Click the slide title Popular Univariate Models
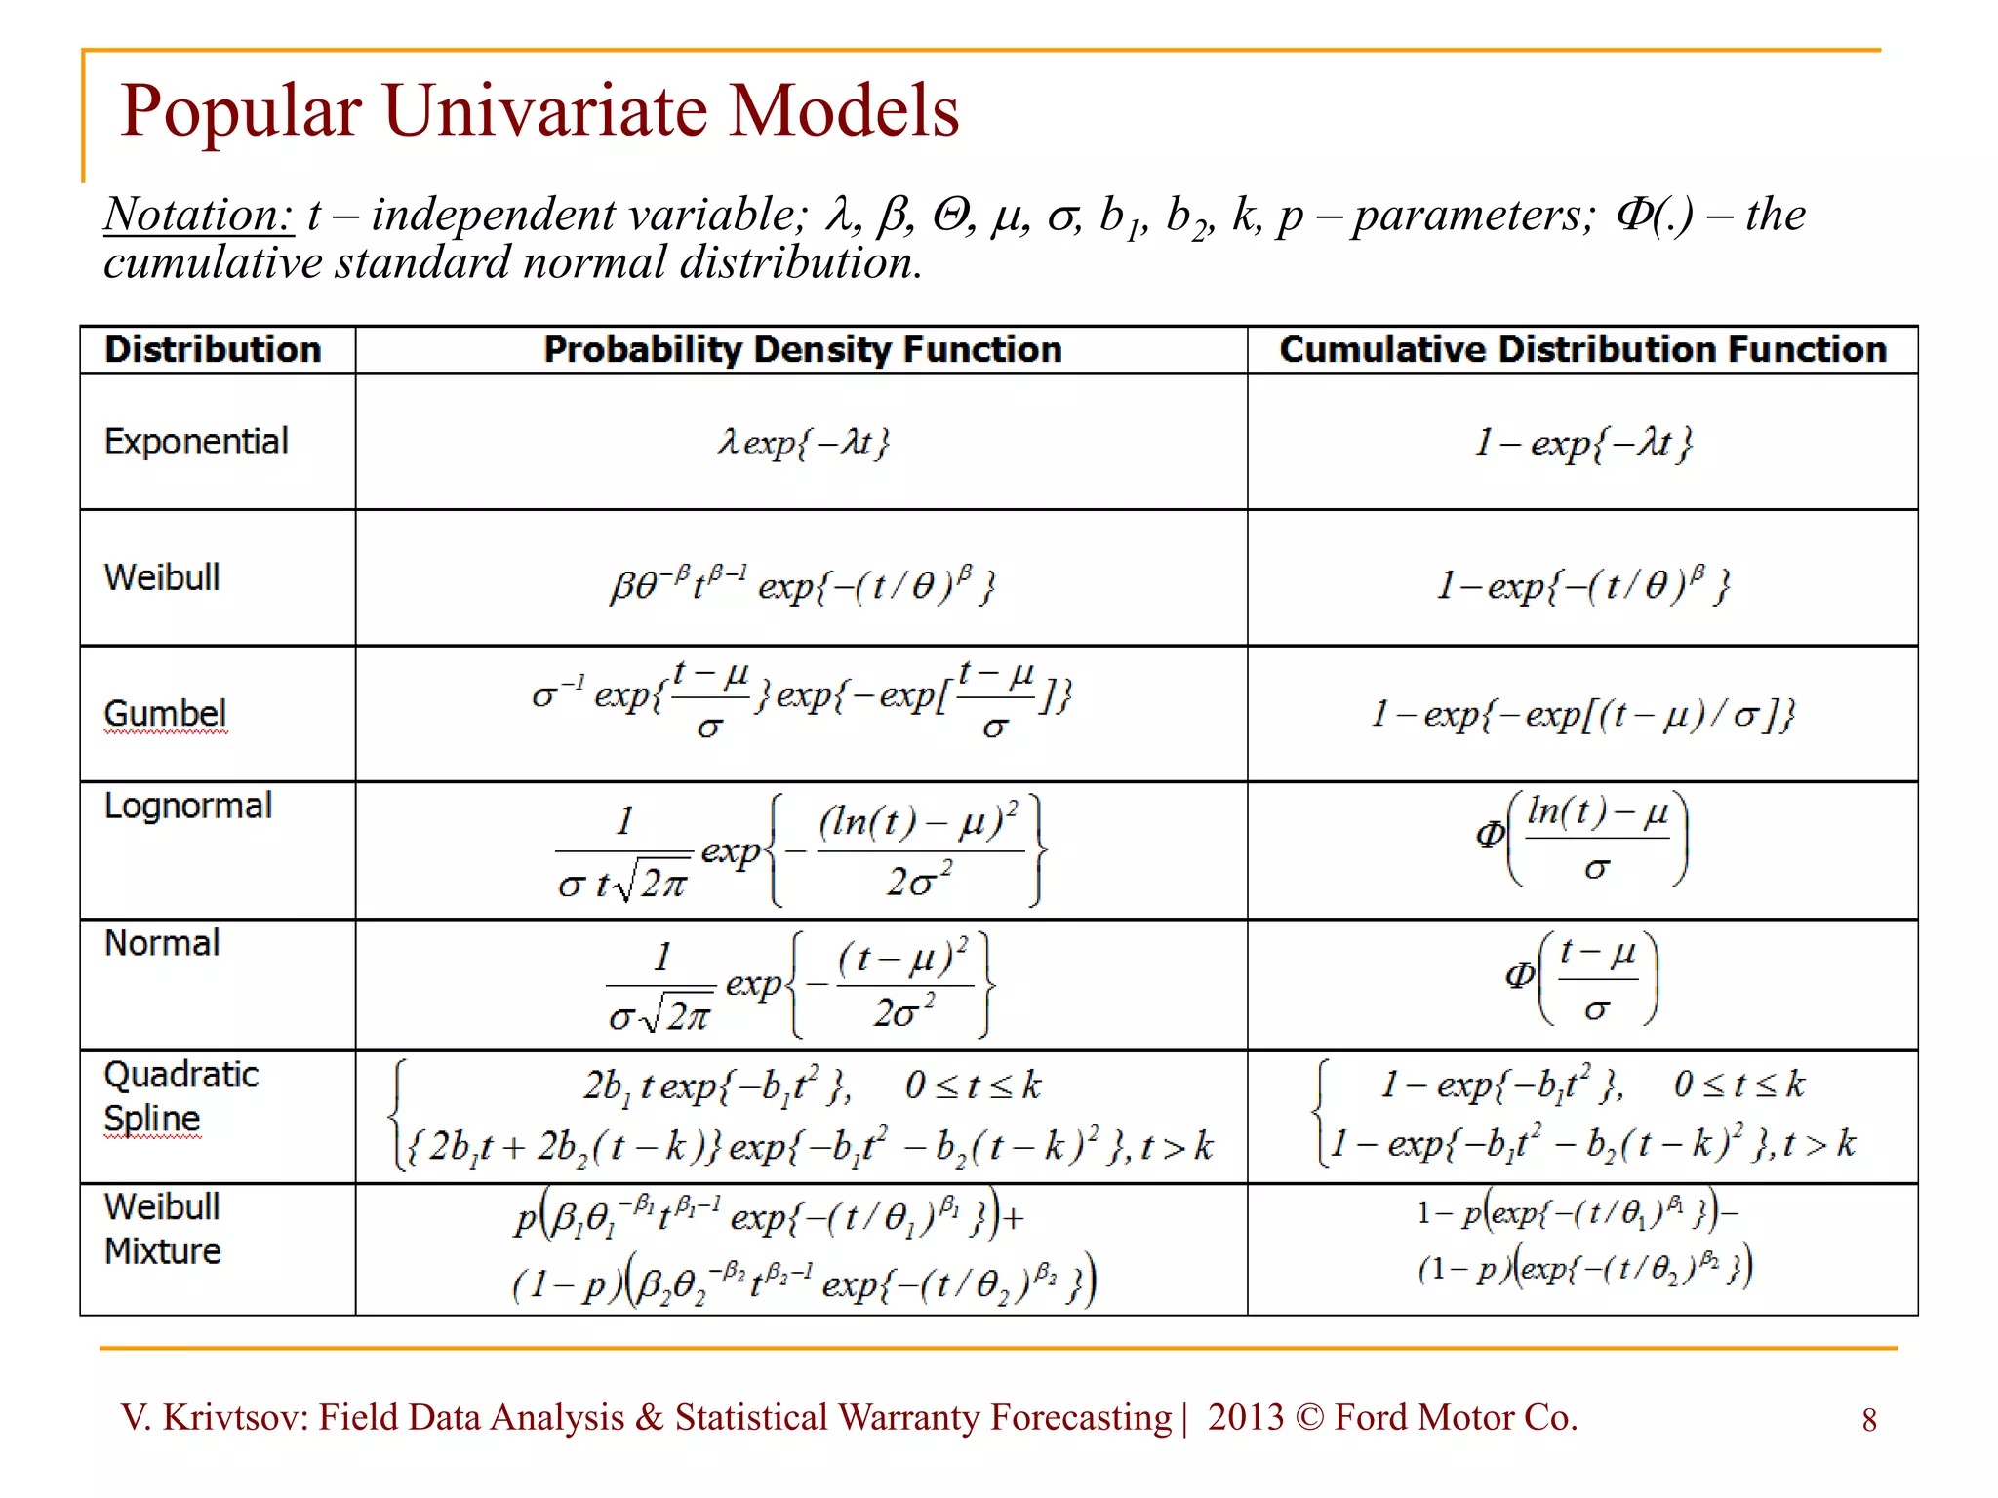539,110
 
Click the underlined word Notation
198,215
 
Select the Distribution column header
213,349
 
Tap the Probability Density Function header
802,349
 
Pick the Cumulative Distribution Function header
1582,349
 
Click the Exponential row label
196,442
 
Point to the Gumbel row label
165,713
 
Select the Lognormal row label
188,806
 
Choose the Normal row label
162,943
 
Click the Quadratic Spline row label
180,1096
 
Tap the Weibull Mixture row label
163,1229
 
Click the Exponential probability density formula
803,444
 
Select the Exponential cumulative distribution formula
1582,444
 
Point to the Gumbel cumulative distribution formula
1582,715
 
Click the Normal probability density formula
800,985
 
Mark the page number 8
1868,1420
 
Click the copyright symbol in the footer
1309,1418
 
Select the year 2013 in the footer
1245,1418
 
